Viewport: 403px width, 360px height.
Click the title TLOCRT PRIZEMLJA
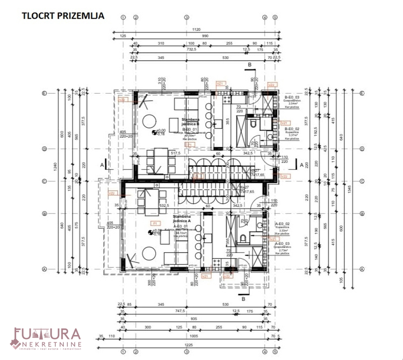pyautogui.click(x=63, y=16)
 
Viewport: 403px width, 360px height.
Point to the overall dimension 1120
pyautogui.click(x=196, y=30)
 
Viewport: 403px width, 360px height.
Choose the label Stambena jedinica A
pyautogui.click(x=182, y=219)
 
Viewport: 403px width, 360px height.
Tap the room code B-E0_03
pyautogui.click(x=292, y=97)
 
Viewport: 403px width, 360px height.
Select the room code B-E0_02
pyautogui.click(x=292, y=129)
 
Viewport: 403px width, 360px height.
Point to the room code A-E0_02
pyautogui.click(x=282, y=223)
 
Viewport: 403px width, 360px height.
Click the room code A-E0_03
pyautogui.click(x=282, y=243)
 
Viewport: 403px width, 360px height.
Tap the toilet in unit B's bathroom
pyautogui.click(x=253, y=124)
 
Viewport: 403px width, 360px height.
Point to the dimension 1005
pyautogui.click(x=194, y=336)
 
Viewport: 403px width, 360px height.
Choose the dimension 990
pyautogui.click(x=205, y=36)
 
